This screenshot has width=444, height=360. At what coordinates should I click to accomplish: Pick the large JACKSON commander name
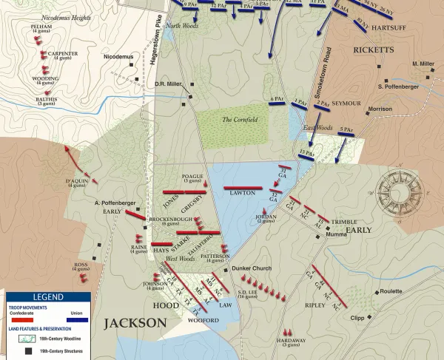[135, 323]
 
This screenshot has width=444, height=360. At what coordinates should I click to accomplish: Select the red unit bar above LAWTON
[243, 188]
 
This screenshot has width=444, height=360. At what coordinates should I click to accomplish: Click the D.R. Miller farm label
[169, 84]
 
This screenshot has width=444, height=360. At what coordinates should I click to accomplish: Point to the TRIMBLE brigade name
[343, 222]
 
